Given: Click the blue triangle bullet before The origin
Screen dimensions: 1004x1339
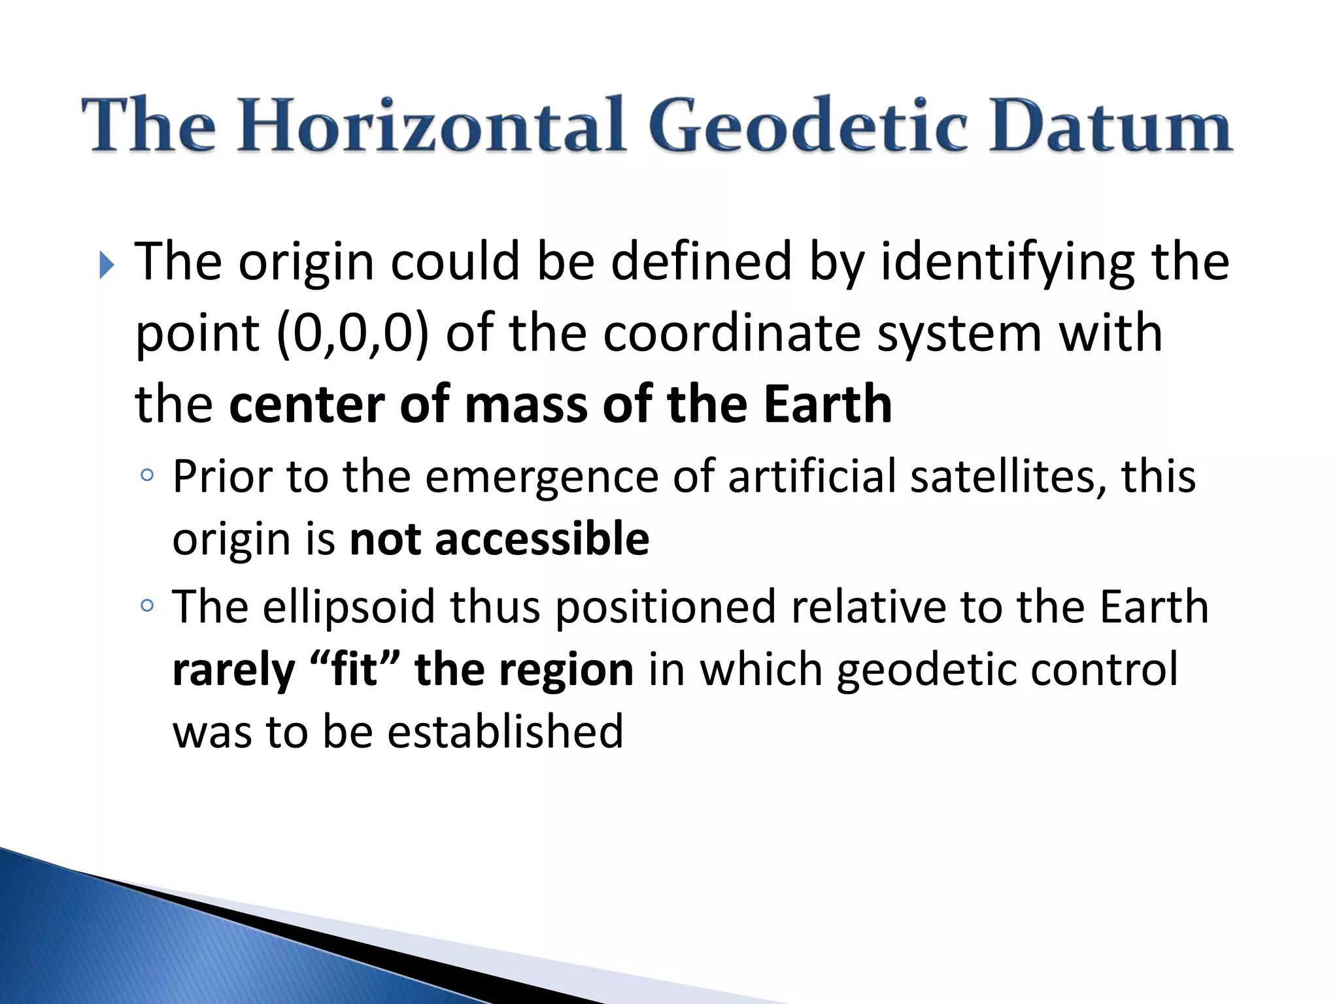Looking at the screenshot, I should (107, 265).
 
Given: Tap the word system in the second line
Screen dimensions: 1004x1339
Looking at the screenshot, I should (958, 333).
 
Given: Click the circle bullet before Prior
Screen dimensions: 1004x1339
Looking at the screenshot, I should (147, 475).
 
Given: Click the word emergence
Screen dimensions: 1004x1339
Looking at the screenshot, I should (542, 477).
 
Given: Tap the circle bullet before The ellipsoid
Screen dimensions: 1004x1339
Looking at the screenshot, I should (147, 606).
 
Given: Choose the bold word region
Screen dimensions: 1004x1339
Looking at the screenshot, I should (575, 671).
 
